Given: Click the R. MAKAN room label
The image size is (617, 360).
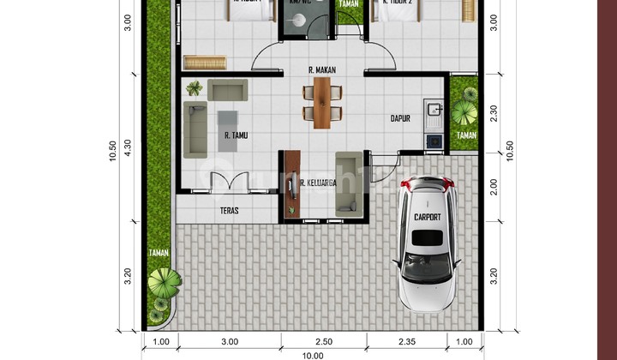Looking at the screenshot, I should (321, 69).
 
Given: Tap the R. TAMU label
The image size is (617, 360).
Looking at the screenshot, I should (237, 135).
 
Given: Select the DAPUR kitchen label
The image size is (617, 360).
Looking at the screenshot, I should (402, 119).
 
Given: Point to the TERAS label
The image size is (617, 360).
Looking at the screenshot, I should (229, 210).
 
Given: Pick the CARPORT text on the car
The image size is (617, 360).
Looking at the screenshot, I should (426, 218).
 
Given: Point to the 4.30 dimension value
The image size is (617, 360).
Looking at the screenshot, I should (128, 147).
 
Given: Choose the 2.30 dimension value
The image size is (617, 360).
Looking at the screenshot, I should (493, 111).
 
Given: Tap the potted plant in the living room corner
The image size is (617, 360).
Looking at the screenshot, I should (195, 87).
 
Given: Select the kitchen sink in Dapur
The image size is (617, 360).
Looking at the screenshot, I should (434, 110).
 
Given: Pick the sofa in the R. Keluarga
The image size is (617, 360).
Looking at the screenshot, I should (350, 180).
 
